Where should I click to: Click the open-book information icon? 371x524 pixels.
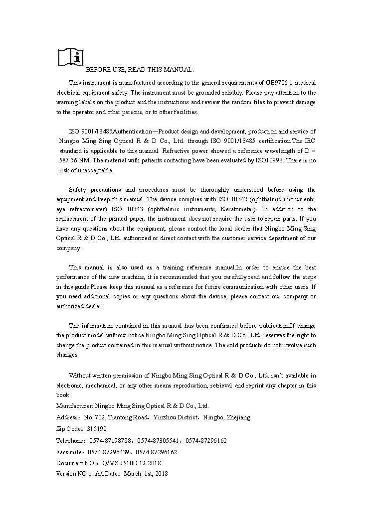pos(70,57)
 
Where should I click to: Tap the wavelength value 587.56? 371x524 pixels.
pos(69,160)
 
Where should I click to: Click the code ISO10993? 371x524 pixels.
pos(270,160)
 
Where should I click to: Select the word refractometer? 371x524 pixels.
pos(82,209)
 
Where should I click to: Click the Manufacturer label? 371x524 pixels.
pos(74,406)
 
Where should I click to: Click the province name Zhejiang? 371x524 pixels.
pos(239,417)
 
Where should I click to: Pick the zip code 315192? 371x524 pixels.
pos(97,429)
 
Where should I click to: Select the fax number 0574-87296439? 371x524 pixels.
pos(109,452)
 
